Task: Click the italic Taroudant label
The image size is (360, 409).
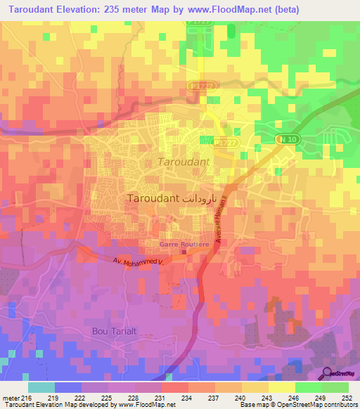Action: (184, 162)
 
